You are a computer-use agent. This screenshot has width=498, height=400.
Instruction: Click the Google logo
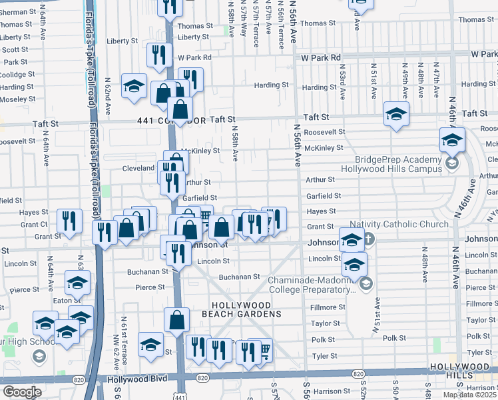coord(22,391)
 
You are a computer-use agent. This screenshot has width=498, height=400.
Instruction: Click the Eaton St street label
coord(62,301)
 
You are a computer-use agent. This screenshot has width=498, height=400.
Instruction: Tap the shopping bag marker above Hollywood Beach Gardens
coord(177,321)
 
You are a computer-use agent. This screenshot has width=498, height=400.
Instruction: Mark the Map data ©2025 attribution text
coord(469,395)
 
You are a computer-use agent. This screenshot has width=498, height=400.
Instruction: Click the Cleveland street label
coord(138,168)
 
